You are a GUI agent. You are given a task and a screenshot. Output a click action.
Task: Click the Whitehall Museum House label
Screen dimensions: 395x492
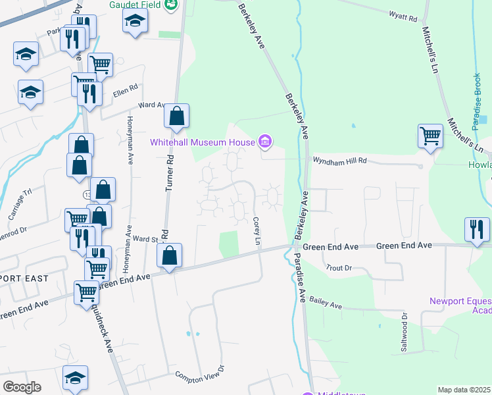pyautogui.click(x=202, y=142)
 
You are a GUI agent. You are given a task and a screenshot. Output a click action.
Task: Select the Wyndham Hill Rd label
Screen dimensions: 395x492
pyautogui.click(x=339, y=160)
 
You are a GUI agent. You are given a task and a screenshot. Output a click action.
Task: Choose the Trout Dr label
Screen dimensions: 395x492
pyautogui.click(x=339, y=268)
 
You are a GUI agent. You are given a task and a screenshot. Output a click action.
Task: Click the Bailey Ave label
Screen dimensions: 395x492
pyautogui.click(x=327, y=303)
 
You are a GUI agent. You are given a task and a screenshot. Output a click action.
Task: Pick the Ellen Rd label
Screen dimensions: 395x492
pyautogui.click(x=124, y=88)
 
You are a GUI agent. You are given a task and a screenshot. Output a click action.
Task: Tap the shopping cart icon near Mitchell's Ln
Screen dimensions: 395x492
pyautogui.click(x=430, y=136)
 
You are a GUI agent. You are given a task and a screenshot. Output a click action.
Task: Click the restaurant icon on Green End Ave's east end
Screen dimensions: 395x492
pyautogui.click(x=477, y=229)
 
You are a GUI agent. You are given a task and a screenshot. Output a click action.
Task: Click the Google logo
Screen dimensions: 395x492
pyautogui.click(x=22, y=387)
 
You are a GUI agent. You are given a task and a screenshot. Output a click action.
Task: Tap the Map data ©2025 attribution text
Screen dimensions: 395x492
pyautogui.click(x=464, y=390)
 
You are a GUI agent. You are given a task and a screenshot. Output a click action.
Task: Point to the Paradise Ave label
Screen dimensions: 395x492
pyautogui.click(x=300, y=278)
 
